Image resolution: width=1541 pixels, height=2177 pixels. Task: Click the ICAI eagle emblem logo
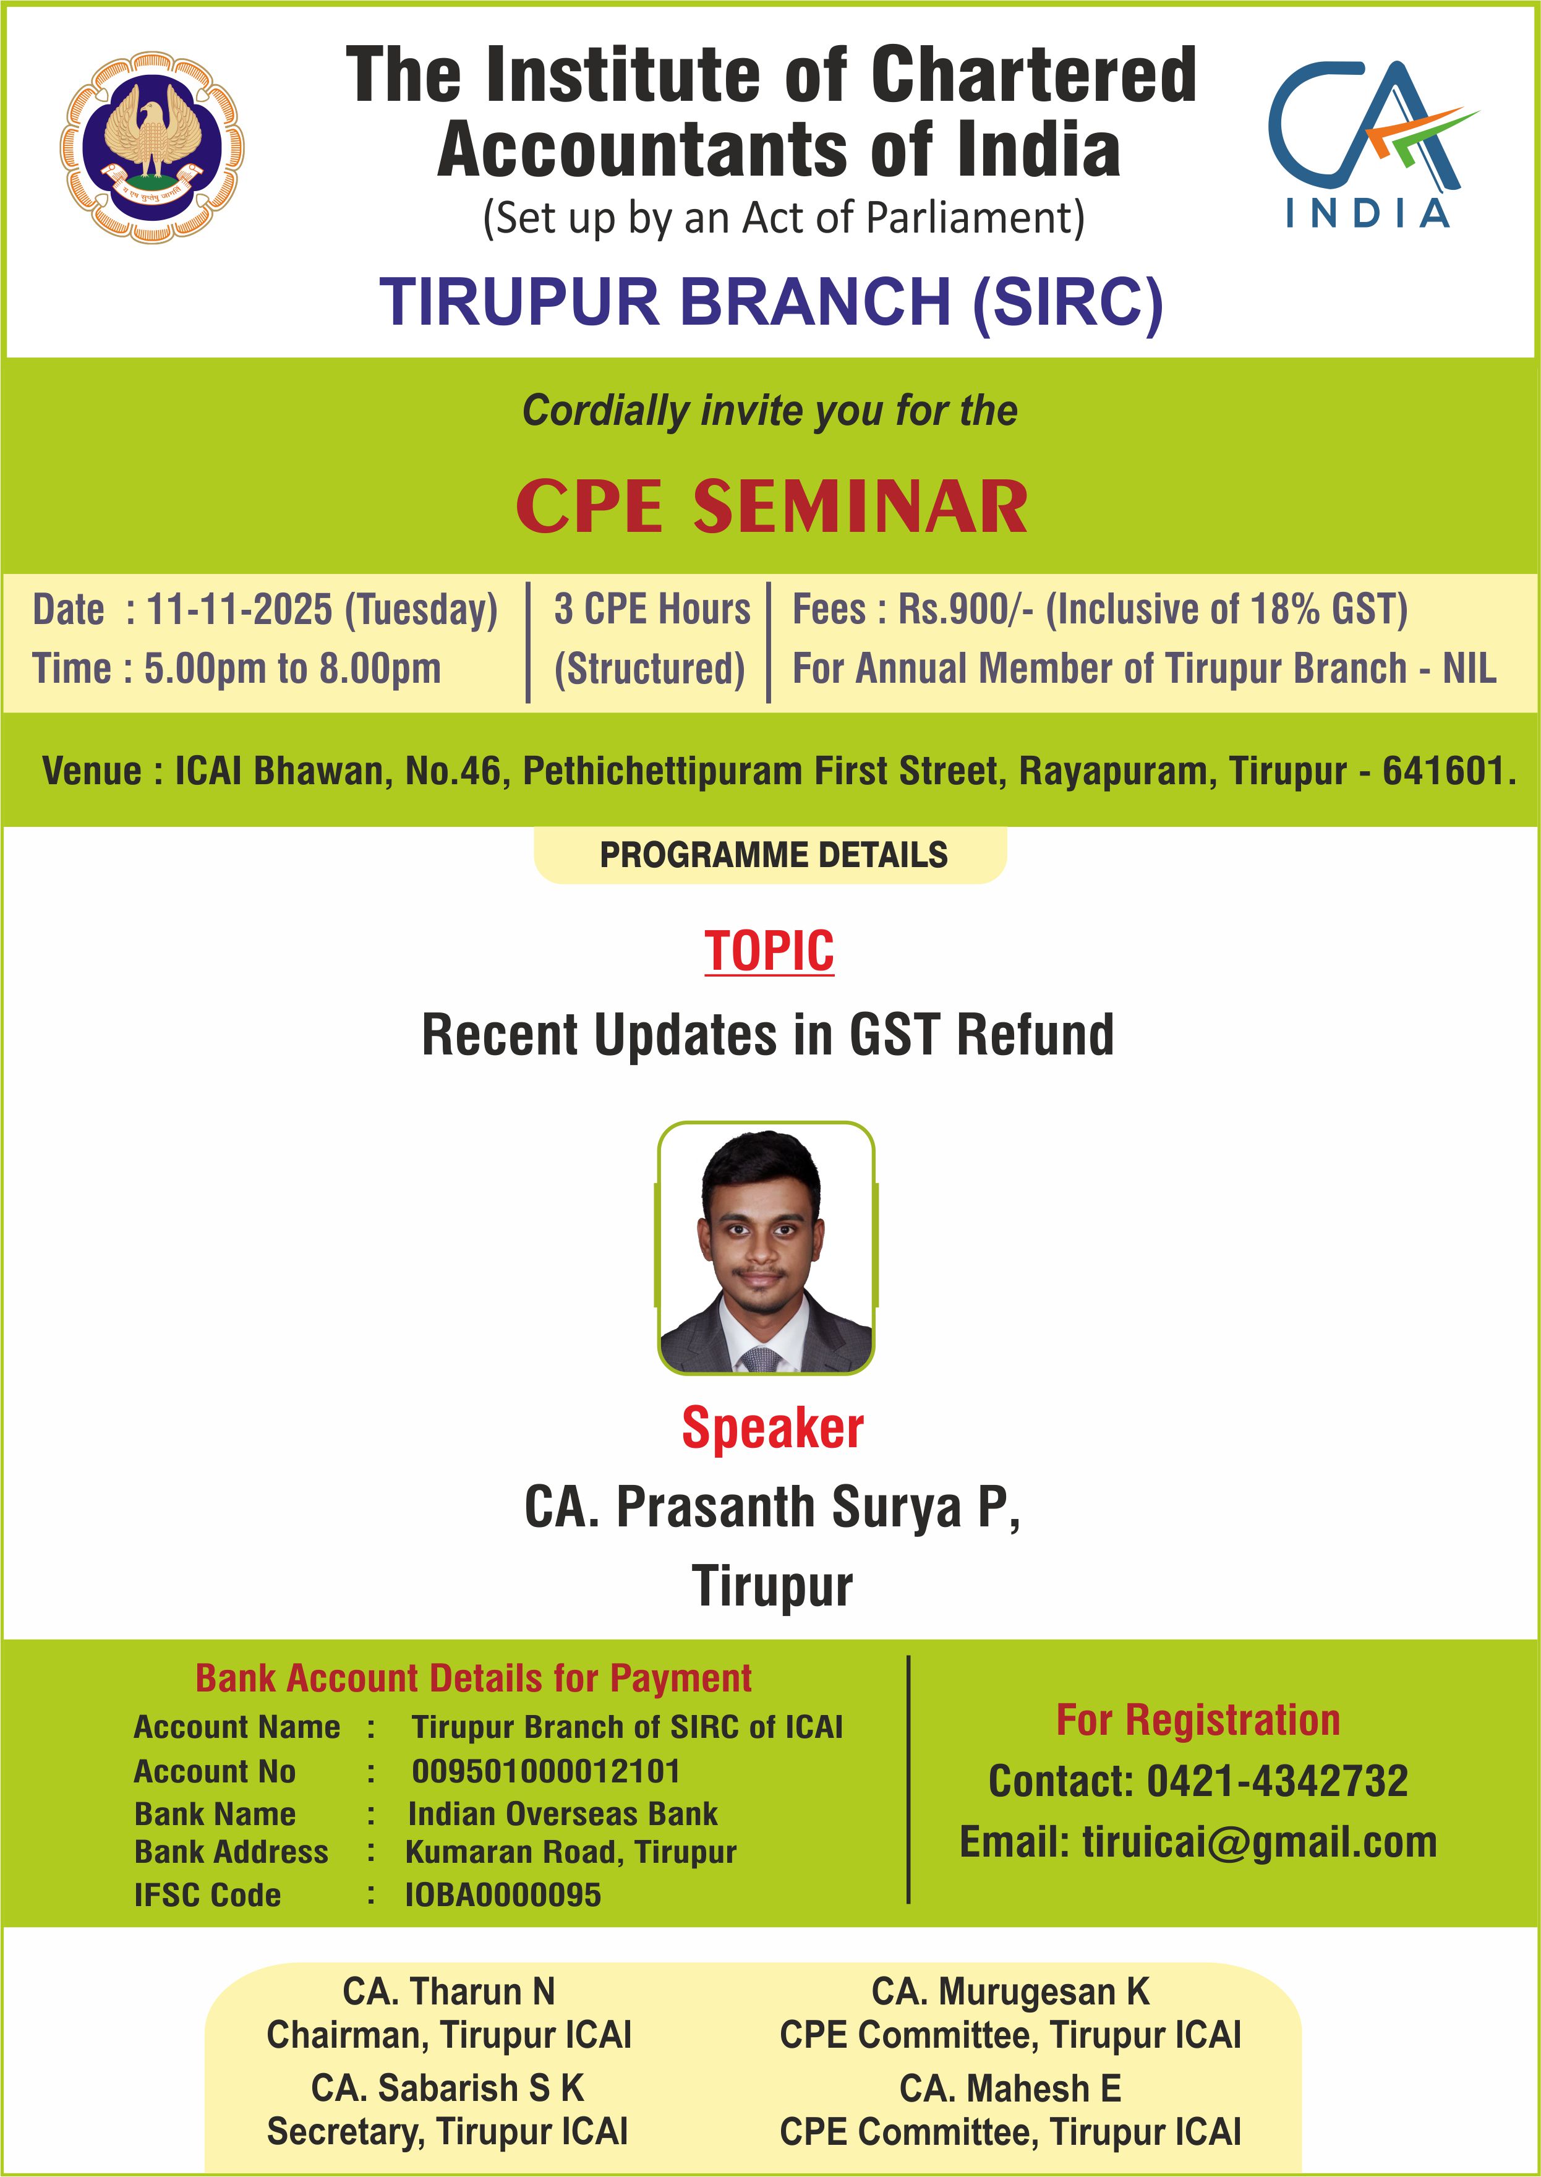152,148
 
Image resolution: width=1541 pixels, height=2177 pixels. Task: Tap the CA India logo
1371,144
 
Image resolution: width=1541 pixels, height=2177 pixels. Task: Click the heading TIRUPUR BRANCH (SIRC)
770,302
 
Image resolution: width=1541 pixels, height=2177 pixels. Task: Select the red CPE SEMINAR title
772,506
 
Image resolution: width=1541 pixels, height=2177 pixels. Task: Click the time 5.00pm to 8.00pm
292,668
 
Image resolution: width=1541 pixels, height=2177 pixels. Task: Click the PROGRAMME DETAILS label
774,855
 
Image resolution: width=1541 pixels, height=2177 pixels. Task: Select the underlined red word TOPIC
769,951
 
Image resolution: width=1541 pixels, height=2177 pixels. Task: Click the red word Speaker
772,1428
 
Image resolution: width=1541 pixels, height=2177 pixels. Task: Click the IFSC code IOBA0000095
503,1895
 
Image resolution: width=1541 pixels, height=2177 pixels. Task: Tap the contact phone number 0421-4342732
1277,1781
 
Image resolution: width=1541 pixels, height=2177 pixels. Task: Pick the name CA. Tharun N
449,1991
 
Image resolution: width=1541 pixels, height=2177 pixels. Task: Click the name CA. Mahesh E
1010,2089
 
